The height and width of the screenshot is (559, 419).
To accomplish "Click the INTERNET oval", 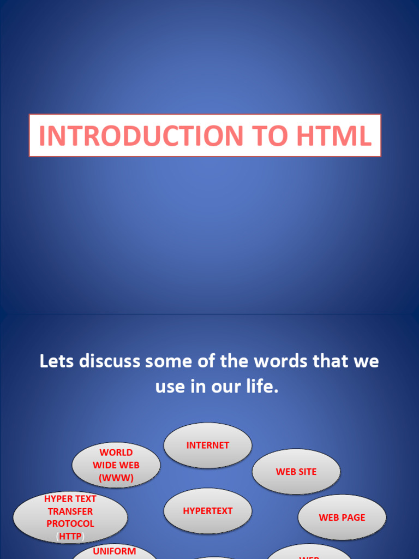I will pyautogui.click(x=208, y=445).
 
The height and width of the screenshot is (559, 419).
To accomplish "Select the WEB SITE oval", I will pyautogui.click(x=296, y=472).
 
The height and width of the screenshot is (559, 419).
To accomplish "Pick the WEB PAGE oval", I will pyautogui.click(x=342, y=518).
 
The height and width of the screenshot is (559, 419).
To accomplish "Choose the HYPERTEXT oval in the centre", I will pyautogui.click(x=208, y=511).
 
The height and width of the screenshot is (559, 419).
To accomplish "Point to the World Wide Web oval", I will pyautogui.click(x=116, y=465).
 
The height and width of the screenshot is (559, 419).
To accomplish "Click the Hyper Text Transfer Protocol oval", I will pyautogui.click(x=70, y=518).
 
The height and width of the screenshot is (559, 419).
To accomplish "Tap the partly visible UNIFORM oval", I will pyautogui.click(x=115, y=551).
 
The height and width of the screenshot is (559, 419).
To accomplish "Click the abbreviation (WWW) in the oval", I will pyautogui.click(x=116, y=478).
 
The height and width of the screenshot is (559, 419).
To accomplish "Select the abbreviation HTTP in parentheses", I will pyautogui.click(x=70, y=537).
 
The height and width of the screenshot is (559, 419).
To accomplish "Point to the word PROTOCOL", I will pyautogui.click(x=70, y=524).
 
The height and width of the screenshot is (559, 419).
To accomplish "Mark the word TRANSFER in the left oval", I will pyautogui.click(x=70, y=512).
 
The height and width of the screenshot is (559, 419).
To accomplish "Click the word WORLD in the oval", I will pyautogui.click(x=116, y=453).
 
